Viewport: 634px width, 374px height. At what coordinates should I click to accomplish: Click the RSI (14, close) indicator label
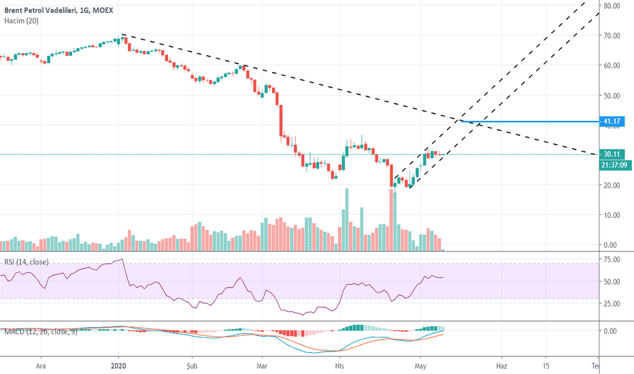[x=29, y=262]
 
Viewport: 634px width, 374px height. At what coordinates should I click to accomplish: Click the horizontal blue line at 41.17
[x=531, y=122]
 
